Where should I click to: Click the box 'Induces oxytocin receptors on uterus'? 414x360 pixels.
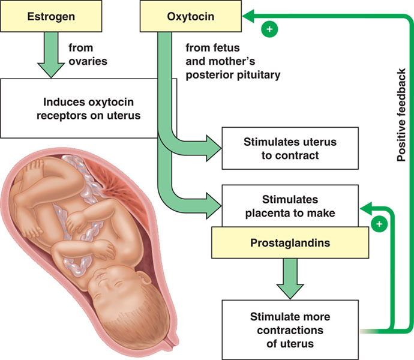[x=84, y=107]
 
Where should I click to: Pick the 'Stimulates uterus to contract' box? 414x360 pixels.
[x=290, y=149]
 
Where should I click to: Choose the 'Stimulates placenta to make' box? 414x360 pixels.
[x=290, y=205]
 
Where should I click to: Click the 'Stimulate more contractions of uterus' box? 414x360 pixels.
[x=290, y=329]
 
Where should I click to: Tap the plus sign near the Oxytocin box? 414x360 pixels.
[x=269, y=28]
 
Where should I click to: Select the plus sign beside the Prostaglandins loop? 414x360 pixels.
[x=378, y=224]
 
